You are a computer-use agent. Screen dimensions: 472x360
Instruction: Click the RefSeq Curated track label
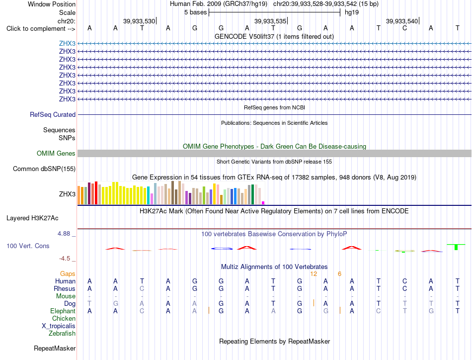pos(53,114)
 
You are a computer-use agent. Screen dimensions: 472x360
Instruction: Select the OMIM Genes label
pos(56,153)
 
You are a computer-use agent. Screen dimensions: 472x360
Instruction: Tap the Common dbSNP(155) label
pos(44,169)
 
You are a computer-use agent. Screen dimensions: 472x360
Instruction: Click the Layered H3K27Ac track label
pos(32,218)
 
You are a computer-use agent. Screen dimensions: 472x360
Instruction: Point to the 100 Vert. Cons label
pos(28,246)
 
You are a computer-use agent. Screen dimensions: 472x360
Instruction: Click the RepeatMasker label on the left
pos(55,348)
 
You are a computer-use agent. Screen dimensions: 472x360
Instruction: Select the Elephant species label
pos(63,311)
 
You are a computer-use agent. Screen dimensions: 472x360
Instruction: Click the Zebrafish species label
pos(62,333)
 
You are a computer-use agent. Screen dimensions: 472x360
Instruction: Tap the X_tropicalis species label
pos(59,326)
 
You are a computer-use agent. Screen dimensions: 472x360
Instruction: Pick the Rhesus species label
pos(65,288)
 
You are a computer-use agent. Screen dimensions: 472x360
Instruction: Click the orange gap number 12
pos(314,273)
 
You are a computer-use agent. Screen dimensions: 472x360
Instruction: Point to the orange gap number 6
pos(339,273)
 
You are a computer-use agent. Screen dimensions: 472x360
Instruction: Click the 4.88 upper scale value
pos(64,234)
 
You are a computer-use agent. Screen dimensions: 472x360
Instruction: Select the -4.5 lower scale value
pos(65,259)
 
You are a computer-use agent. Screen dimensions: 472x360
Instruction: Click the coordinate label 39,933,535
pos(270,21)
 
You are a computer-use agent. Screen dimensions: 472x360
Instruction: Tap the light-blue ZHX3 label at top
pos(67,43)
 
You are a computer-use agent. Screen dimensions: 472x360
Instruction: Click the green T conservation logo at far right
pos(456,247)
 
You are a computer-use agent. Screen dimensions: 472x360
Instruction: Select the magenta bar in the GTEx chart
pos(263,203)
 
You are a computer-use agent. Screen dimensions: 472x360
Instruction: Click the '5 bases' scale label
pos(196,12)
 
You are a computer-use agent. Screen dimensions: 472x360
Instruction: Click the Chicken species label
pos(64,318)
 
